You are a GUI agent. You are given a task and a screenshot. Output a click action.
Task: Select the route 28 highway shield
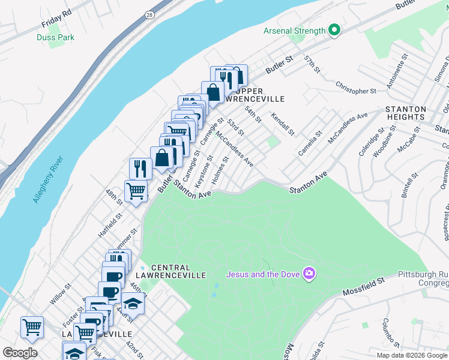[149, 14]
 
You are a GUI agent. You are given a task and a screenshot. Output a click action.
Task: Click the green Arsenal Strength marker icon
[334, 30]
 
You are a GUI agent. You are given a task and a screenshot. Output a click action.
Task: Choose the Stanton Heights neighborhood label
[406, 113]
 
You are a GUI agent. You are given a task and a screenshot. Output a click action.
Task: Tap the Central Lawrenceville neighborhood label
[178, 271]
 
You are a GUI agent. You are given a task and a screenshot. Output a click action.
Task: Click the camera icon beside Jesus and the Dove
[309, 274]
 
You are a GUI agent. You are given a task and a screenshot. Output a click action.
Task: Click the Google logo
[20, 352]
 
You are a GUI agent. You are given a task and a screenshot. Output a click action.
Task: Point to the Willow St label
[61, 295]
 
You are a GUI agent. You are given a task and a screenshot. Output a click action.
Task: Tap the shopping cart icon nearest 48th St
[136, 191]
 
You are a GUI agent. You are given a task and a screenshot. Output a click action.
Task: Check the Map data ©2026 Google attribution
[412, 355]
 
